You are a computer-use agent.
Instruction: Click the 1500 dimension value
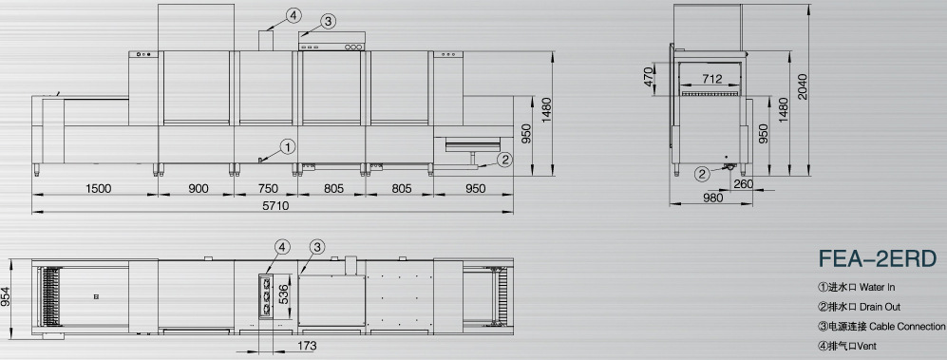[99, 188]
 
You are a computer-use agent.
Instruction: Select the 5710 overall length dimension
[275, 205]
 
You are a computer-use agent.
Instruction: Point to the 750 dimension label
[268, 188]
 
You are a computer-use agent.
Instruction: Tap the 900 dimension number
[199, 188]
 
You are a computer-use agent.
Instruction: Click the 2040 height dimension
[802, 87]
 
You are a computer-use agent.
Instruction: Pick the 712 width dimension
[712, 79]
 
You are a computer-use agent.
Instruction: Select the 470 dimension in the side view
[649, 77]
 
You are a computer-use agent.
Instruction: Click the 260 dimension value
[744, 183]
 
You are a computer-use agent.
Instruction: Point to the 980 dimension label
[713, 198]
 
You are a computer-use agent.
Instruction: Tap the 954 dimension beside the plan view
[6, 296]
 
